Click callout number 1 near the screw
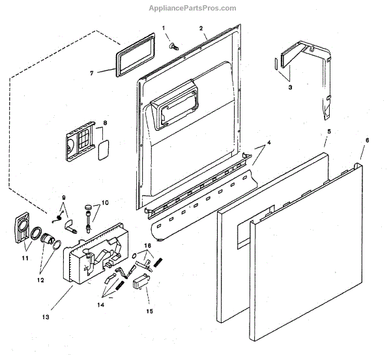click(164, 29)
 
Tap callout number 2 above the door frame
click(201, 29)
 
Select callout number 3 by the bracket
click(290, 86)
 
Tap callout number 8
click(105, 122)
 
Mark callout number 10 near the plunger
click(104, 203)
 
